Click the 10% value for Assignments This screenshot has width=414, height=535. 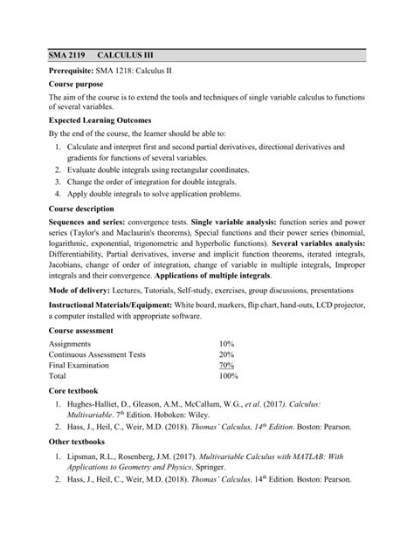(x=226, y=344)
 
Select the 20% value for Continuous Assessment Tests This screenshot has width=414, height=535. (x=226, y=355)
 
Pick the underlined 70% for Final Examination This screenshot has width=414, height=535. (x=226, y=366)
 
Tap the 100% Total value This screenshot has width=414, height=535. (x=228, y=376)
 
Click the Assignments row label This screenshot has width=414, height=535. (x=72, y=344)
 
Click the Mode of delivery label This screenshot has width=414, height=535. (x=87, y=288)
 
